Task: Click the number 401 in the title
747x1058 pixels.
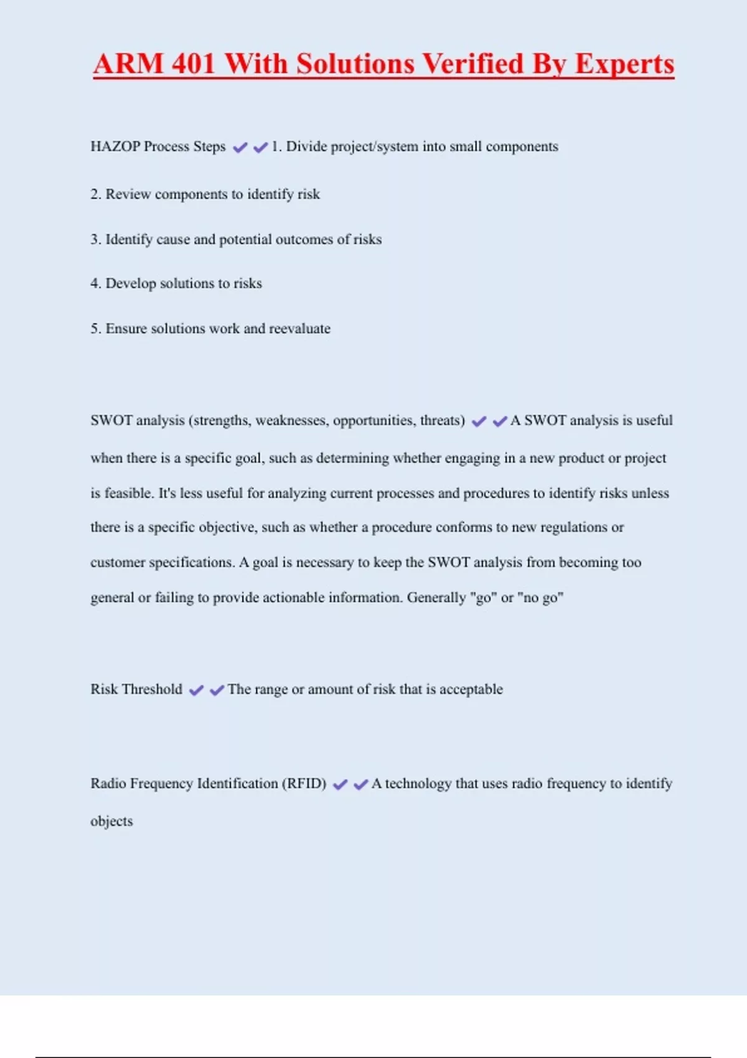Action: (x=194, y=63)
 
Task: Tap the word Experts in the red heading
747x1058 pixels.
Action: (x=624, y=65)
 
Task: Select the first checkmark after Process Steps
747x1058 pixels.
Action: (x=240, y=147)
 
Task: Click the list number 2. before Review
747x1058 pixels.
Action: (x=96, y=194)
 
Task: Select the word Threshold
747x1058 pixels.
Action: (x=152, y=690)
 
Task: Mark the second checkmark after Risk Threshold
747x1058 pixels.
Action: (x=217, y=690)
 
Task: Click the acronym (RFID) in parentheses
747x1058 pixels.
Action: (x=304, y=784)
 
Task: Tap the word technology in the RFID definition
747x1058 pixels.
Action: (x=418, y=784)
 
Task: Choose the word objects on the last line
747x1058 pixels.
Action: (x=111, y=822)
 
